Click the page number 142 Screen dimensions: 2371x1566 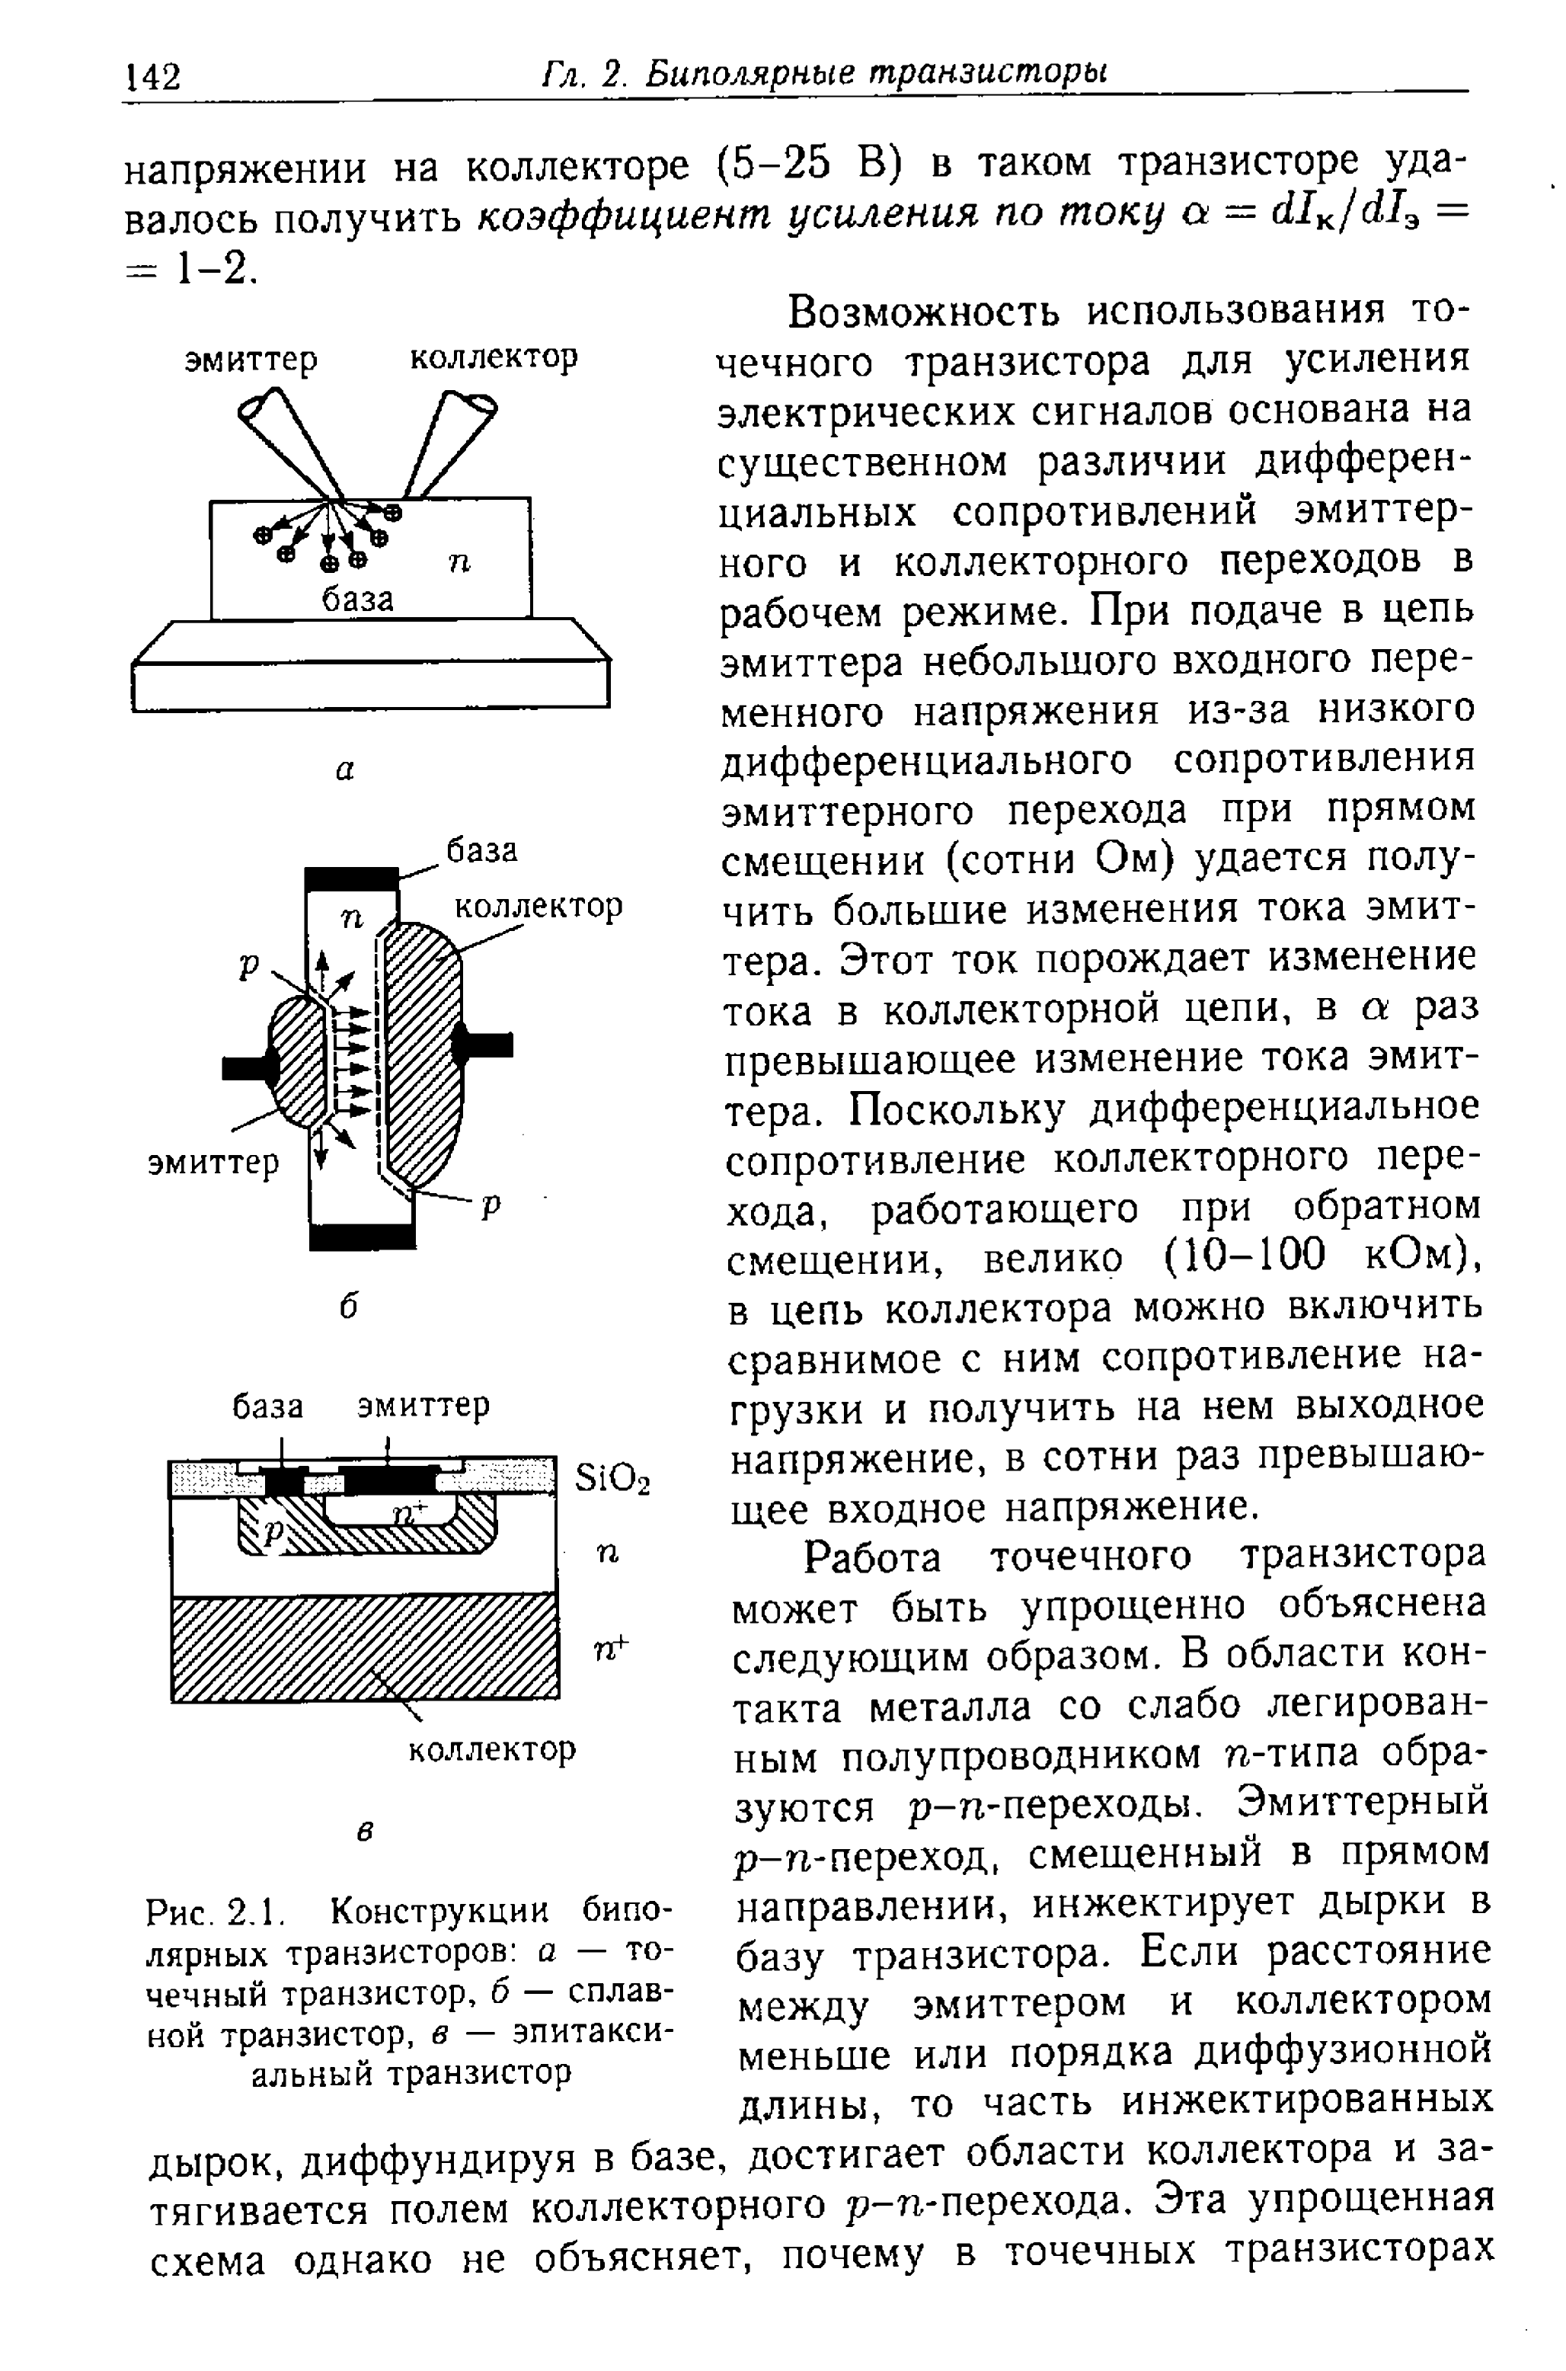click(152, 76)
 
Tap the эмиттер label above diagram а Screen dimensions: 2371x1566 click(251, 360)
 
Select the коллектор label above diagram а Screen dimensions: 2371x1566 click(494, 357)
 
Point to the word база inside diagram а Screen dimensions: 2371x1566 click(356, 600)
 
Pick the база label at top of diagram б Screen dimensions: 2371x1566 click(481, 851)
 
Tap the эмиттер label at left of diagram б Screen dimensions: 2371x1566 click(214, 1163)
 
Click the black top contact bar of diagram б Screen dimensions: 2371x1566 click(352, 879)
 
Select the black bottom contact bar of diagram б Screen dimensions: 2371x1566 click(362, 1237)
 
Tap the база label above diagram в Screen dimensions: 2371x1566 click(267, 1407)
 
